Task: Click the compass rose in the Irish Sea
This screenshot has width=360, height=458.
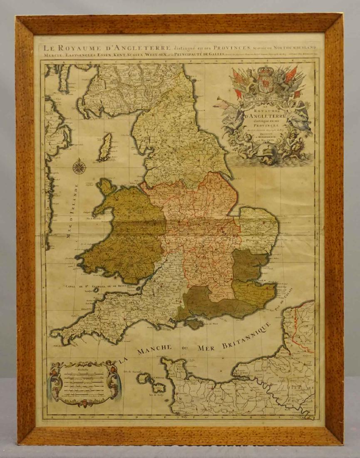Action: [79, 167]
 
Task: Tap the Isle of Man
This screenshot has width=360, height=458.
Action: [105, 147]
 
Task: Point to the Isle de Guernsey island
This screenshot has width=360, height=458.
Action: [144, 378]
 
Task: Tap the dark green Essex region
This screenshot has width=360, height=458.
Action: [248, 265]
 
